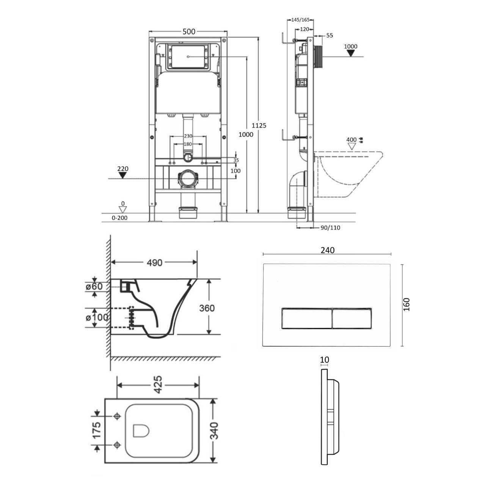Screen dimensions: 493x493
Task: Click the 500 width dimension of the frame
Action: click(x=189, y=31)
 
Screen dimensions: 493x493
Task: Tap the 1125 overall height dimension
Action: click(x=259, y=126)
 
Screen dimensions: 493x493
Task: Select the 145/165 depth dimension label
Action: click(x=300, y=20)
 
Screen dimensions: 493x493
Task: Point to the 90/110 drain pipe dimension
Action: click(x=330, y=228)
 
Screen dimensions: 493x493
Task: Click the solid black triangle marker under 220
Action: click(x=123, y=175)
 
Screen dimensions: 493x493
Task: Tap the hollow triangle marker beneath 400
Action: click(x=352, y=146)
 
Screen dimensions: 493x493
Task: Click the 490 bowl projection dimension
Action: click(x=154, y=262)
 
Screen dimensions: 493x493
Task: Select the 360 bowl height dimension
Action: click(x=207, y=308)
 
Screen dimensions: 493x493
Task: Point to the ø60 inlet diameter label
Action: click(x=94, y=286)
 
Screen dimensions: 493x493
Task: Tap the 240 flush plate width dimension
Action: click(x=328, y=250)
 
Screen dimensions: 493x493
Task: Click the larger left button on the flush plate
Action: click(x=307, y=318)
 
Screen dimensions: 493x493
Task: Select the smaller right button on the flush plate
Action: click(x=352, y=318)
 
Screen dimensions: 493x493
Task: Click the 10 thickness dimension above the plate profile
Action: click(x=324, y=360)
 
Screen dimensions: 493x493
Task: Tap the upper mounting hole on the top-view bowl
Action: click(x=117, y=416)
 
